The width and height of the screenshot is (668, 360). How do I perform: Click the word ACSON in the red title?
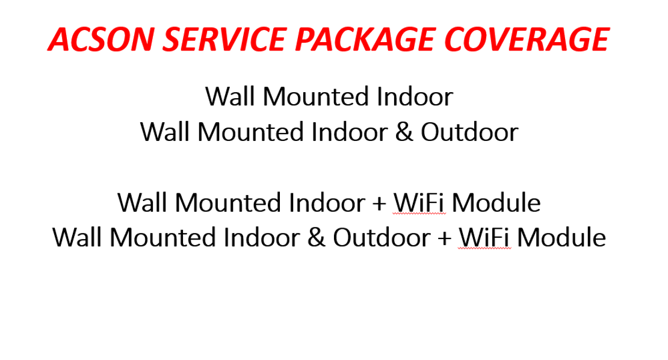[x=101, y=39]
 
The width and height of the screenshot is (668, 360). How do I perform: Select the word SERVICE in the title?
[x=224, y=39]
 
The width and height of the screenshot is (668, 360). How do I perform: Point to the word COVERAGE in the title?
[x=527, y=39]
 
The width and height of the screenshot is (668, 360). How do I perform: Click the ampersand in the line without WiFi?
[x=404, y=132]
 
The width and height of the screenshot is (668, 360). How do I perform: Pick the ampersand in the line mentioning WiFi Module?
[x=316, y=237]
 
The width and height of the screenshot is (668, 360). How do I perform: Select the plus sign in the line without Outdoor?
[x=379, y=203]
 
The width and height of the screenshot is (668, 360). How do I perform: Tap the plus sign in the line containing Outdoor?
[x=444, y=238]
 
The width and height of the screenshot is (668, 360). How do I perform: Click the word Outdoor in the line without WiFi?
[x=469, y=132]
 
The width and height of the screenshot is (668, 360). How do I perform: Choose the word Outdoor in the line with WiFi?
[x=382, y=237]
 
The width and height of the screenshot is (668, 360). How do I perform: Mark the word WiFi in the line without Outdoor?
[x=419, y=202]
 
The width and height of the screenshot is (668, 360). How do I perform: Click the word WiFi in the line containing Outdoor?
[x=485, y=237]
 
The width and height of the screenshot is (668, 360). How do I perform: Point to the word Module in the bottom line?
[x=561, y=237]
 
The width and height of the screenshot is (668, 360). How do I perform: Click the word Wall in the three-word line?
[x=230, y=97]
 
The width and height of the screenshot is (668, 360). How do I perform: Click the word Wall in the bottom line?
[x=77, y=237]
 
